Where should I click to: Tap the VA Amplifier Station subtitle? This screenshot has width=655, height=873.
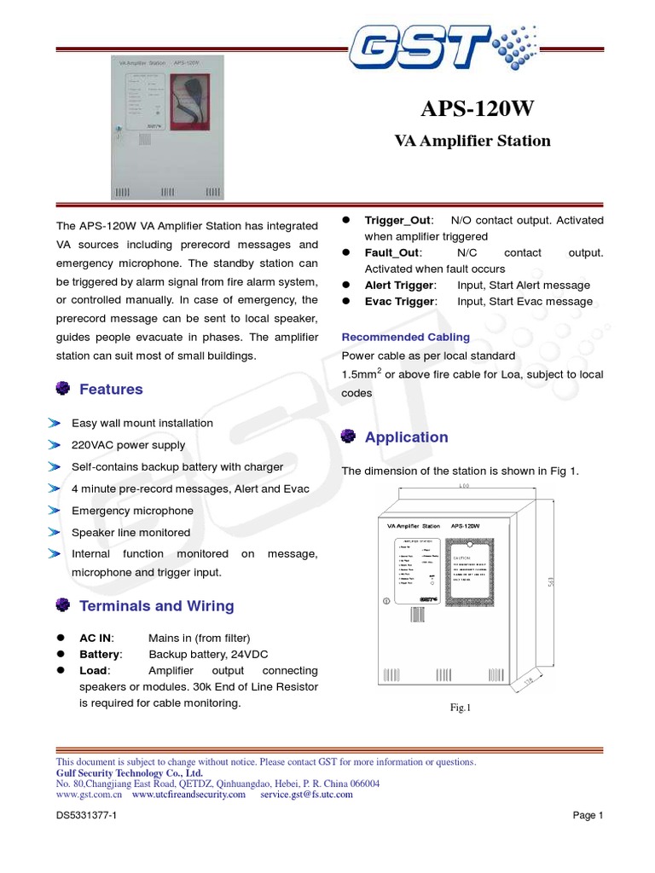pos(472,141)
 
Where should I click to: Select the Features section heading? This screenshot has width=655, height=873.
pos(111,390)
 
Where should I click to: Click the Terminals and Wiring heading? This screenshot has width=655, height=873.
pos(156,606)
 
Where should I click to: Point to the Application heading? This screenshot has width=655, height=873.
pos(406,437)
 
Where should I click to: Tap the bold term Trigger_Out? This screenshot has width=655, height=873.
pos(399,221)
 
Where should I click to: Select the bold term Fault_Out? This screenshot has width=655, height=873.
pos(392,253)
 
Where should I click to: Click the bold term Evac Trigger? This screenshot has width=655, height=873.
pos(400,302)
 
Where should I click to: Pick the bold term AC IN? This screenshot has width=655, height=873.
pos(96,638)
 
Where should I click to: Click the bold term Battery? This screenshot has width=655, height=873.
pos(101,654)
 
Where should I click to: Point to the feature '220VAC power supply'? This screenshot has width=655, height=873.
pos(128,445)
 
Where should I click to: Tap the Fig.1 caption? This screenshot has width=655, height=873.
pos(461,707)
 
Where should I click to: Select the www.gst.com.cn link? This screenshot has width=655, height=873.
pos(89,794)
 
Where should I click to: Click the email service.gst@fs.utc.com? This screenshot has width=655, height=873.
pos(306,794)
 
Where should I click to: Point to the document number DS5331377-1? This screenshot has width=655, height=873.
pos(87,815)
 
